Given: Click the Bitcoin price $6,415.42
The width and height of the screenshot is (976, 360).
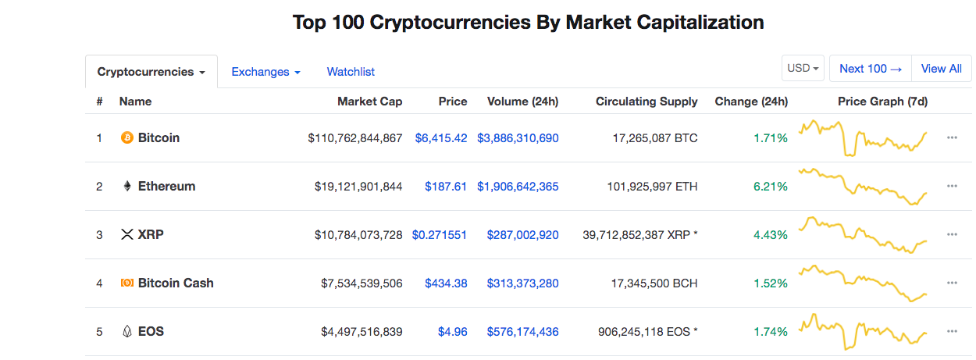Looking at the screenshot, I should pos(441,138).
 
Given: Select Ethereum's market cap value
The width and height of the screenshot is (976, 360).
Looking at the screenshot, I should pos(358,187).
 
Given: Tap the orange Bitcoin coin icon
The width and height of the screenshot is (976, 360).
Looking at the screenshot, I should pos(127,138).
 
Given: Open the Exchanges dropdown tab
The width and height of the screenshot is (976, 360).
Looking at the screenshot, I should pos(265,72).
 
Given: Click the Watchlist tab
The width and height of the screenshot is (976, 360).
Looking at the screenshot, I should pos(351,72).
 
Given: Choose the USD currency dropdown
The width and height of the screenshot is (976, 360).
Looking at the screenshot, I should pos(803,69).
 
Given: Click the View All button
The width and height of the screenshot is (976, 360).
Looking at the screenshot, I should pos(941,69).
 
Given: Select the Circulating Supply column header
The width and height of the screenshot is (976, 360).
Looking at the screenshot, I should pos(647,102).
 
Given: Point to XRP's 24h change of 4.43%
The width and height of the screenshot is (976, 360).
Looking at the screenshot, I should pos(771,235).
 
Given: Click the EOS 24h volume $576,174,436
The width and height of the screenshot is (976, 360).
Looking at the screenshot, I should pos(522,332).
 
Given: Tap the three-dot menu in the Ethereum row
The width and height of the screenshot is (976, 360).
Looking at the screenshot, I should pos(952,186).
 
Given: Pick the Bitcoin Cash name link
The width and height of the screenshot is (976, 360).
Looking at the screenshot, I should pos(175,283).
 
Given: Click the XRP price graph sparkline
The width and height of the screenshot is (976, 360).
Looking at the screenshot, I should pos(862,234).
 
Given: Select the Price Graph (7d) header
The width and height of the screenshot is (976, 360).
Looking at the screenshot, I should pos(882,102).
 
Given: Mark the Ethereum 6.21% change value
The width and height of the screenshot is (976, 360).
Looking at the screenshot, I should pos(771,187).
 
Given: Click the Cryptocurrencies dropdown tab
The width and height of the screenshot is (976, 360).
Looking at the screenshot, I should pos(151,72).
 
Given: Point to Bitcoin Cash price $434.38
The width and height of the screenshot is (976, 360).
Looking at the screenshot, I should pos(446,283).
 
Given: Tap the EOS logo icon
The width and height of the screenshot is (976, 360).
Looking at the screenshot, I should pos(127,332).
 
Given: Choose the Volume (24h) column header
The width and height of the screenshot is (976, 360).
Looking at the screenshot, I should pos(522,102).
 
